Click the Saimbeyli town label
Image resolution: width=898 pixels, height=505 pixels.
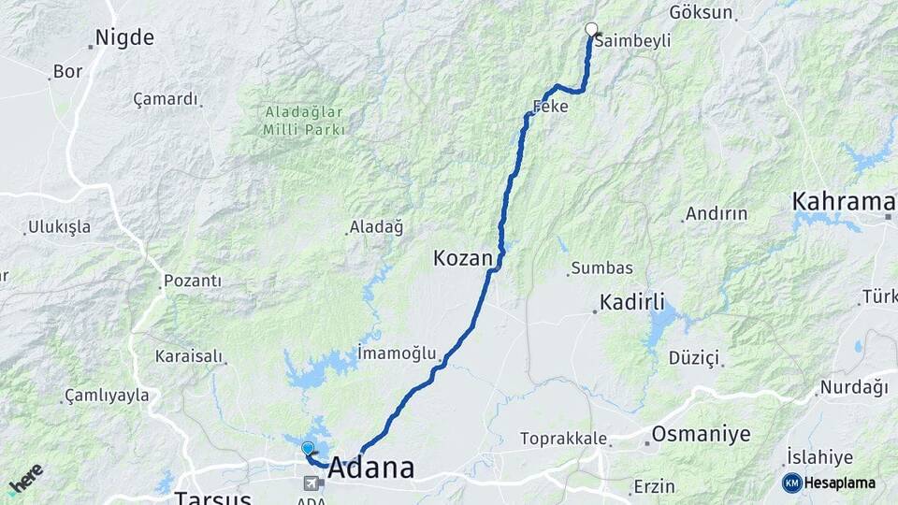click(632, 41)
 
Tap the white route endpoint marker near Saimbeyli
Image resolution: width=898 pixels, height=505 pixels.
click(590, 28)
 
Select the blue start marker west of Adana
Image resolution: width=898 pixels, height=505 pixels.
click(308, 448)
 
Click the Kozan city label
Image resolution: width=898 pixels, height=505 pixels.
click(463, 257)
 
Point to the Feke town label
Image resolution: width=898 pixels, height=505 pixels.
click(550, 107)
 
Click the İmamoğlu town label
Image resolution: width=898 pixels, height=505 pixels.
click(397, 353)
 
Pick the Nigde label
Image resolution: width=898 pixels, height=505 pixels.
click(124, 38)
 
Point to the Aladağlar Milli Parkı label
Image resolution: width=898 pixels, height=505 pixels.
click(304, 121)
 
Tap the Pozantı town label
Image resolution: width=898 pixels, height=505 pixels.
click(192, 281)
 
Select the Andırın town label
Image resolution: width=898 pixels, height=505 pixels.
click(716, 213)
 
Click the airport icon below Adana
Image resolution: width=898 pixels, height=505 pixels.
click(313, 483)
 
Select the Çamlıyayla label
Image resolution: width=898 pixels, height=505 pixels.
click(107, 396)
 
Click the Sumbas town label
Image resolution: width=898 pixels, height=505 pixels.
click(601, 269)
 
